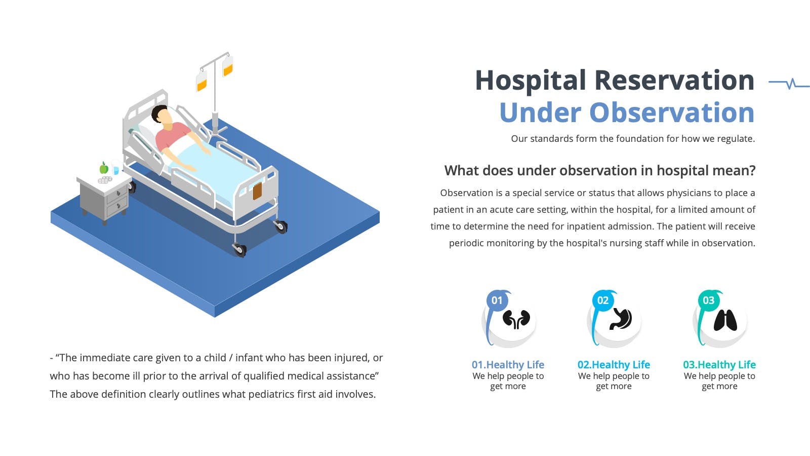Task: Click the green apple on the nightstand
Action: pyautogui.click(x=104, y=168)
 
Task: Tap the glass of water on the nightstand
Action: pyautogui.click(x=116, y=168)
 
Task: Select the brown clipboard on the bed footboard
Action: pyautogui.click(x=257, y=191)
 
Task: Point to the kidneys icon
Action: pyautogui.click(x=516, y=319)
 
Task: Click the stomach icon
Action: pyautogui.click(x=621, y=319)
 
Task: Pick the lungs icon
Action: pyautogui.click(x=725, y=320)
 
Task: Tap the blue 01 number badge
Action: pyautogui.click(x=497, y=300)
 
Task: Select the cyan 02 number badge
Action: pyautogui.click(x=603, y=300)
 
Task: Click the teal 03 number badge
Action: pyautogui.click(x=709, y=300)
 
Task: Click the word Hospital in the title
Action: pyautogui.click(x=530, y=81)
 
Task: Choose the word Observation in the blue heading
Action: pyautogui.click(x=672, y=112)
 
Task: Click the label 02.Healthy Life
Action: pyautogui.click(x=614, y=364)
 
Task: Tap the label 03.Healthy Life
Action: pyautogui.click(x=719, y=364)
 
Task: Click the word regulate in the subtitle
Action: pyautogui.click(x=736, y=139)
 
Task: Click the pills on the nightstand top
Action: pyautogui.click(x=105, y=179)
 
